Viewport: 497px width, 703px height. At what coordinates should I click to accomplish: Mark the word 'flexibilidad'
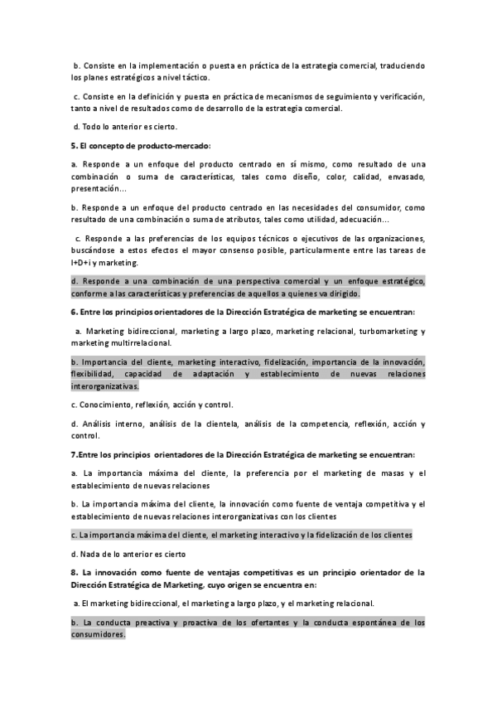click(93, 374)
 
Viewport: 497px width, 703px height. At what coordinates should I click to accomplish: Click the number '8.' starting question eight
click(75, 571)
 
